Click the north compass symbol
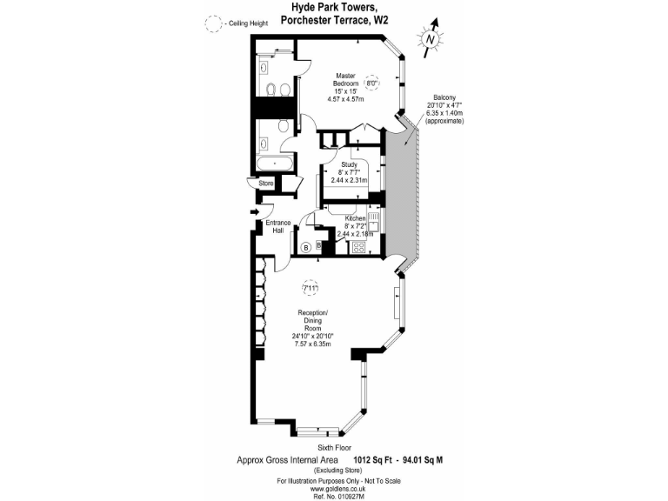[430, 37]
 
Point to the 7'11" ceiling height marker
[310, 287]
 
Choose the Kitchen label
[356, 218]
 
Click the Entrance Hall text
[278, 227]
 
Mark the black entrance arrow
[255, 211]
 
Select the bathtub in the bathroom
[276, 163]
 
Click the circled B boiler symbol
[306, 248]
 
